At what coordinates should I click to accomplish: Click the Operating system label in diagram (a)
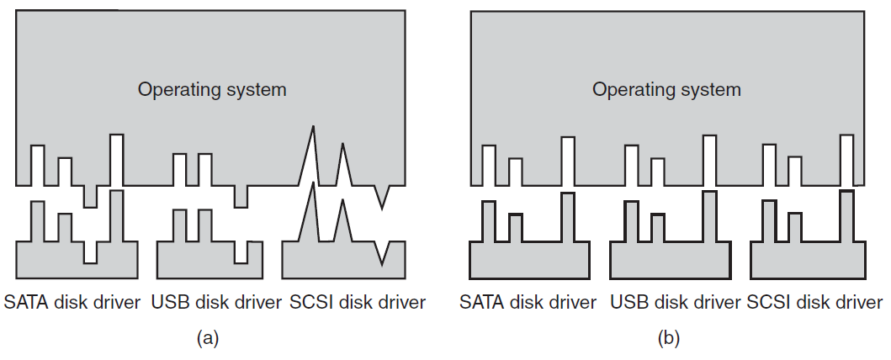[212, 90]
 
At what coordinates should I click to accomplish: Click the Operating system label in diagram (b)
[666, 90]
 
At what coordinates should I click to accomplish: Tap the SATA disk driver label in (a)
[72, 302]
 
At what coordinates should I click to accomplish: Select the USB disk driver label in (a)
[216, 302]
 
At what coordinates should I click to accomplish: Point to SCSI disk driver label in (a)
[358, 302]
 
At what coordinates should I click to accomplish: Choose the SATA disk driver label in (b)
[528, 302]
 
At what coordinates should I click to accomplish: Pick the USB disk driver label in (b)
[676, 302]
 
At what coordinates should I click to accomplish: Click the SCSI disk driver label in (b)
[814, 302]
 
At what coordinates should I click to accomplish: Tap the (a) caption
[208, 338]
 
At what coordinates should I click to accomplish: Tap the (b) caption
[668, 338]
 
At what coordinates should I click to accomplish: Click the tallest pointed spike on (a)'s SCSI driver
[312, 184]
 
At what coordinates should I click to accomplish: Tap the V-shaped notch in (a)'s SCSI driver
[382, 264]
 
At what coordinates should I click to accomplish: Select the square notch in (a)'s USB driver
[241, 252]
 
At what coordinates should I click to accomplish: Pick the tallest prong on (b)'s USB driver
[709, 216]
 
